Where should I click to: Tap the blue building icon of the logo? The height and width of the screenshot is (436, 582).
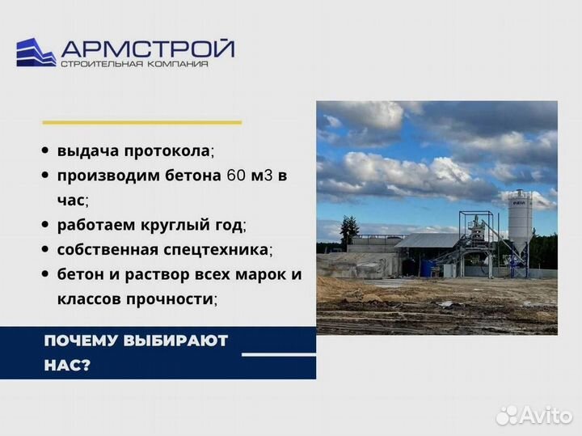click(x=36, y=52)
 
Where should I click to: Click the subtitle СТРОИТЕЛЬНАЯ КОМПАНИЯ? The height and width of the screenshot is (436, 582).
click(x=134, y=64)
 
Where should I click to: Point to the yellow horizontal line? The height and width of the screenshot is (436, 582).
click(x=141, y=122)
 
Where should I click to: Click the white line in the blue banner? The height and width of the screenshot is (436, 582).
click(x=279, y=354)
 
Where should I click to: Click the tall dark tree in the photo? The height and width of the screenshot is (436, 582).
click(x=349, y=231)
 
